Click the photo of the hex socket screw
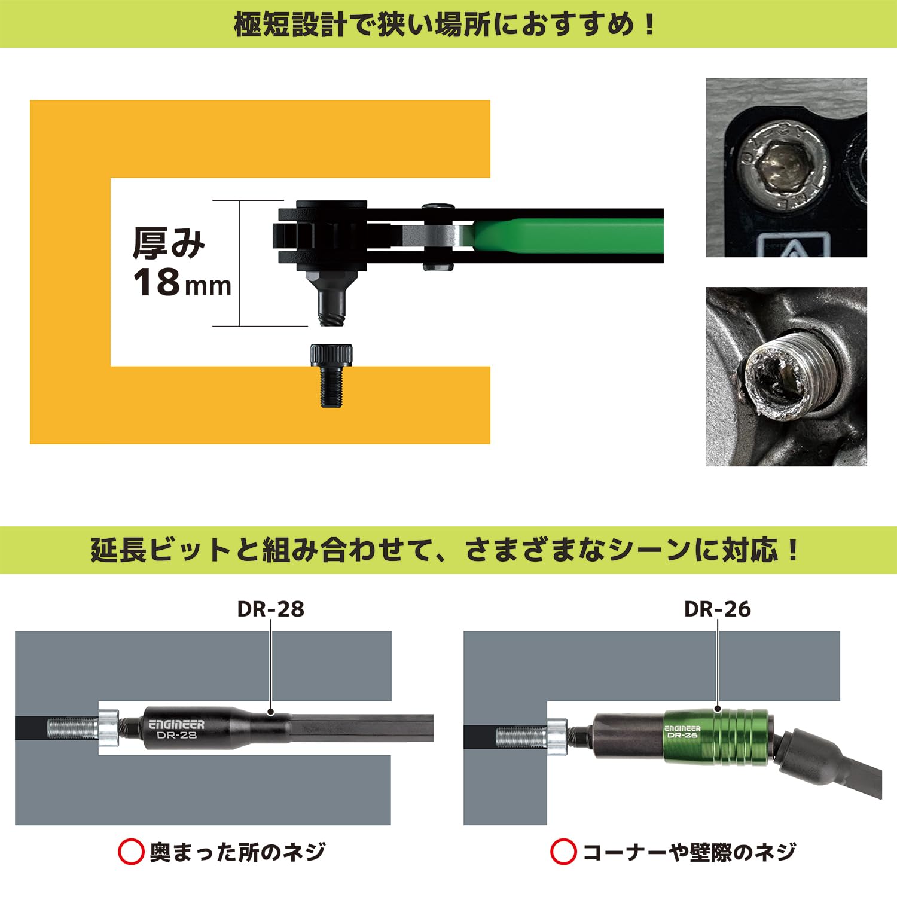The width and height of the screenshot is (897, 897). coord(786,167)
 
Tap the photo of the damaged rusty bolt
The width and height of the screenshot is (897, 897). coord(786,377)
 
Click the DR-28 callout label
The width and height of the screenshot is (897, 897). coord(270,609)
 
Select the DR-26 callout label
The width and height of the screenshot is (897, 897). coord(717,609)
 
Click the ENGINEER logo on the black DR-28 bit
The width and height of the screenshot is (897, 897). coord(176,724)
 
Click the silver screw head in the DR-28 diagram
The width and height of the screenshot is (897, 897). coord(109,728)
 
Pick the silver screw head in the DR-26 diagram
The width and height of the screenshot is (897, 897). coord(556,736)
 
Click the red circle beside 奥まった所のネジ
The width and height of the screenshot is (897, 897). coord(131,852)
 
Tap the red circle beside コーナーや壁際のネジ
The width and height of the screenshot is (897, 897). coord(563,852)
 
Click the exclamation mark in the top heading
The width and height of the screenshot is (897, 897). coord(650,25)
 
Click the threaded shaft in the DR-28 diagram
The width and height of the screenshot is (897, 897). coord(72,728)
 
